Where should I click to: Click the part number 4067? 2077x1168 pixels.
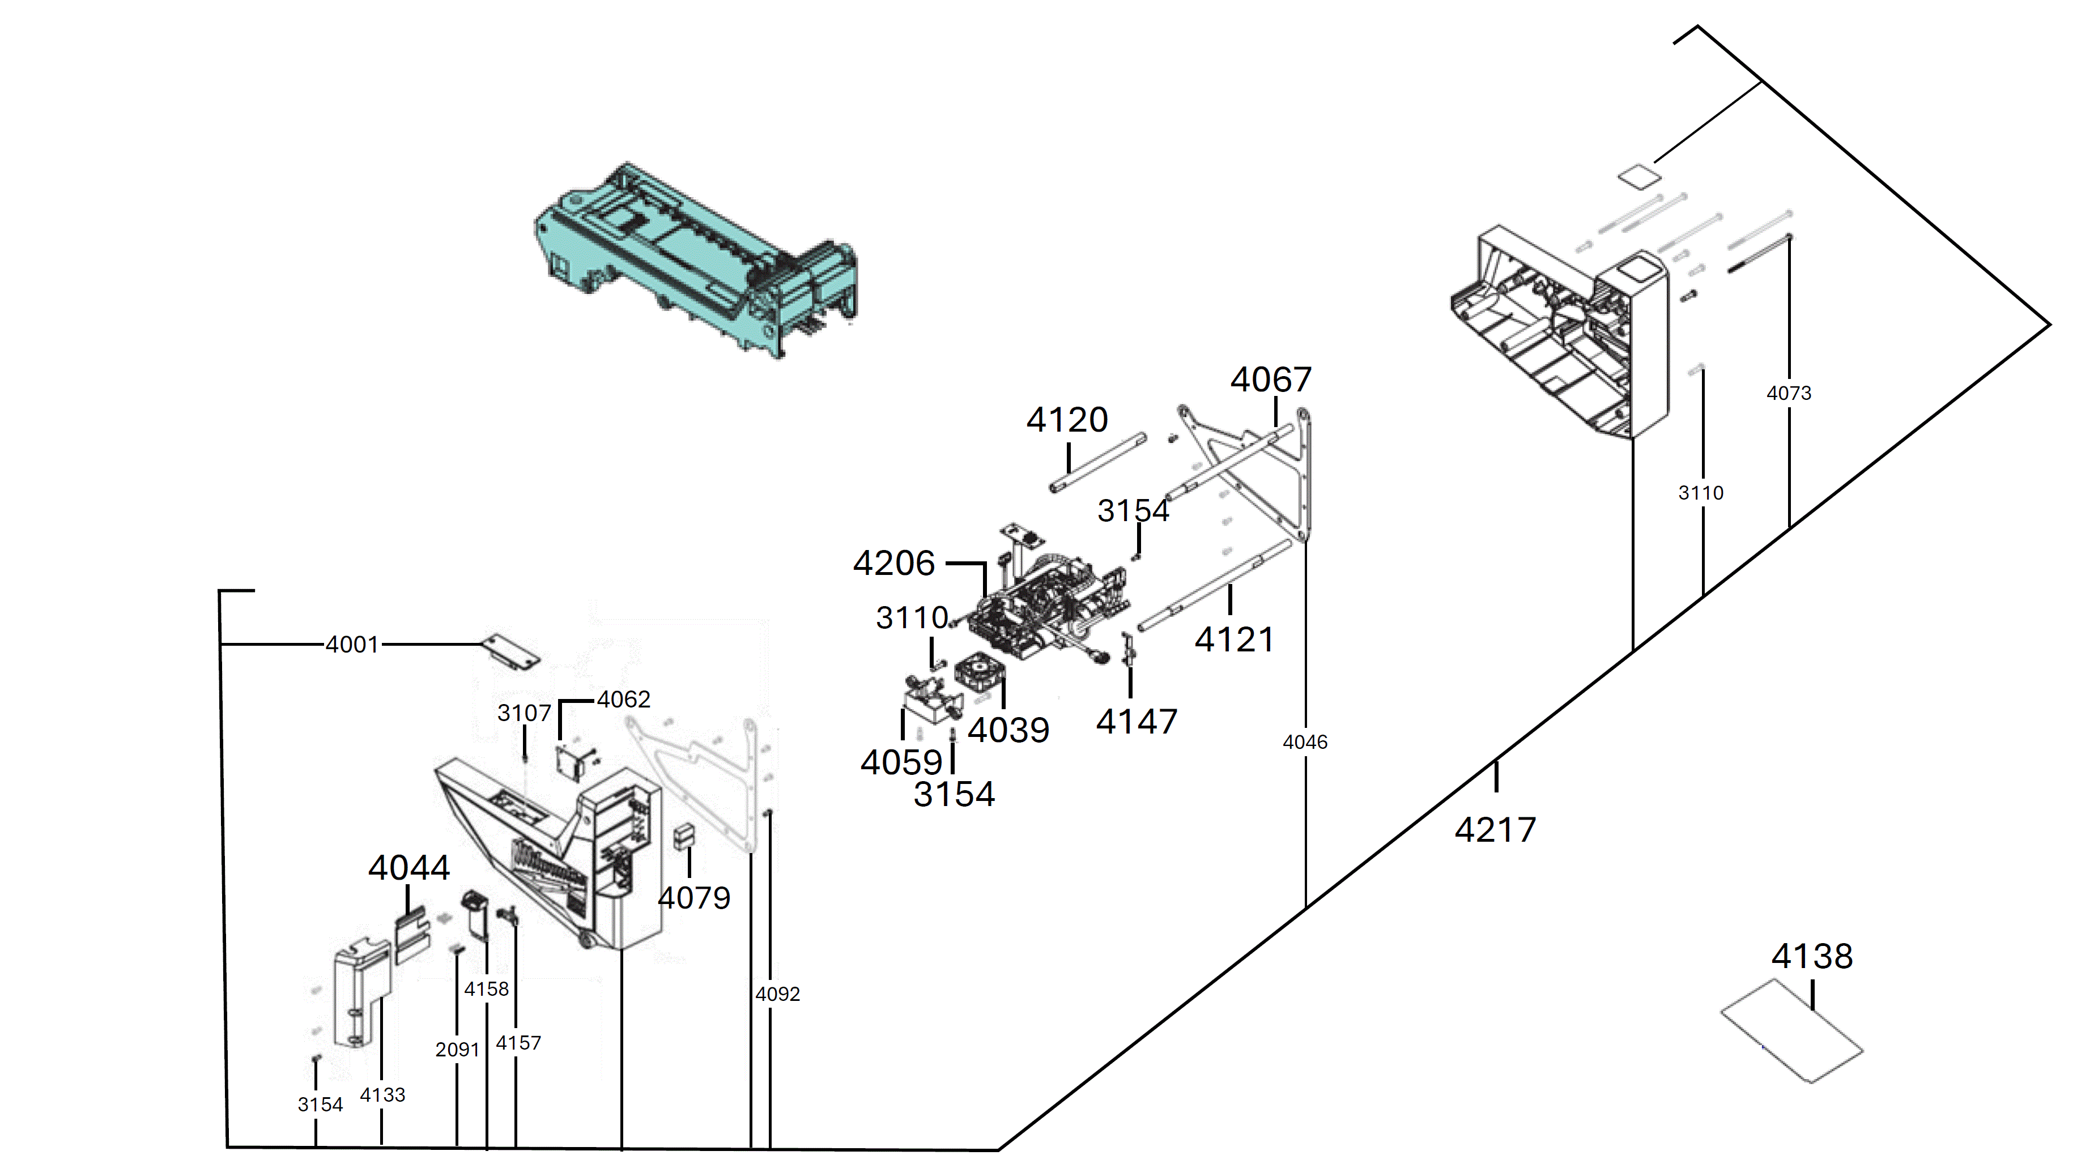[x=1271, y=380]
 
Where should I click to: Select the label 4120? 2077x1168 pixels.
[x=1067, y=420]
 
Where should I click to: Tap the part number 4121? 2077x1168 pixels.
[x=1235, y=640]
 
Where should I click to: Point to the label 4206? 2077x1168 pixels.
[x=894, y=564]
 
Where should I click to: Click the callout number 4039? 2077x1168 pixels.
[x=1008, y=730]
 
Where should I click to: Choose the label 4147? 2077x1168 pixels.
[x=1137, y=722]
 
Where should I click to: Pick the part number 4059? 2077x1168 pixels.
[x=901, y=762]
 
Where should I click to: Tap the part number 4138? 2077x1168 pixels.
[x=1812, y=957]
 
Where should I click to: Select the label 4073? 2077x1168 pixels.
[x=1789, y=393]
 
